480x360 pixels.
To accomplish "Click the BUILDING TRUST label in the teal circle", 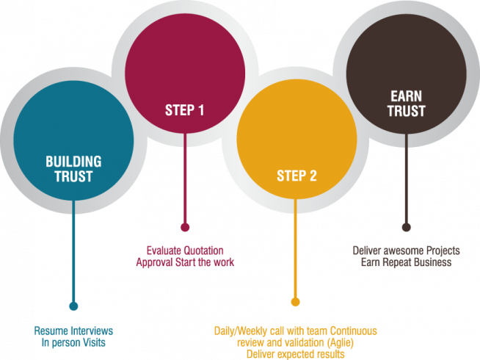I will [x=73, y=168].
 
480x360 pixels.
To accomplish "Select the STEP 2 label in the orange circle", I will [x=297, y=176].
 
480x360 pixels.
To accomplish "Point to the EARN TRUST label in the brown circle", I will [x=406, y=104].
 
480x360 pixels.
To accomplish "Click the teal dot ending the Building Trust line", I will [x=73, y=306].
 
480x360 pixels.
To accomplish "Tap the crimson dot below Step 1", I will [x=185, y=227].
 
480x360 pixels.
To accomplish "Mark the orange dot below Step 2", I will [x=295, y=302].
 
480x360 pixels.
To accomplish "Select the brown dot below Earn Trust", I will [x=406, y=228].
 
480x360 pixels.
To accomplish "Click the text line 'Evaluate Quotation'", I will [x=184, y=250].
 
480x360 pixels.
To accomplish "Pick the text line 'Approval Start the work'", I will [x=184, y=262].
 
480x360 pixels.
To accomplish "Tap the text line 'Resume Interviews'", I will [x=73, y=331].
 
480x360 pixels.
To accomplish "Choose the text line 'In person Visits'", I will [x=73, y=342].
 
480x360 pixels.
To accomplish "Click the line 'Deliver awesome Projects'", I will [x=406, y=251].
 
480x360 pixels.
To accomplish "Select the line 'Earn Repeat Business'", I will [x=406, y=262].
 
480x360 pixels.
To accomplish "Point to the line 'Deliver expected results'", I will [x=295, y=354].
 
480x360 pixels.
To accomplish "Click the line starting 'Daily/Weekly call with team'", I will [x=295, y=331].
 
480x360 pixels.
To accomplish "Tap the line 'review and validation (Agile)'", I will [x=295, y=342].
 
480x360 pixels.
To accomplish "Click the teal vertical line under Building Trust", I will [x=73, y=257].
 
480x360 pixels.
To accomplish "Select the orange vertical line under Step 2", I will [x=295, y=250].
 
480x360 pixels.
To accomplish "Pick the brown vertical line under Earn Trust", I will [x=406, y=184].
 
